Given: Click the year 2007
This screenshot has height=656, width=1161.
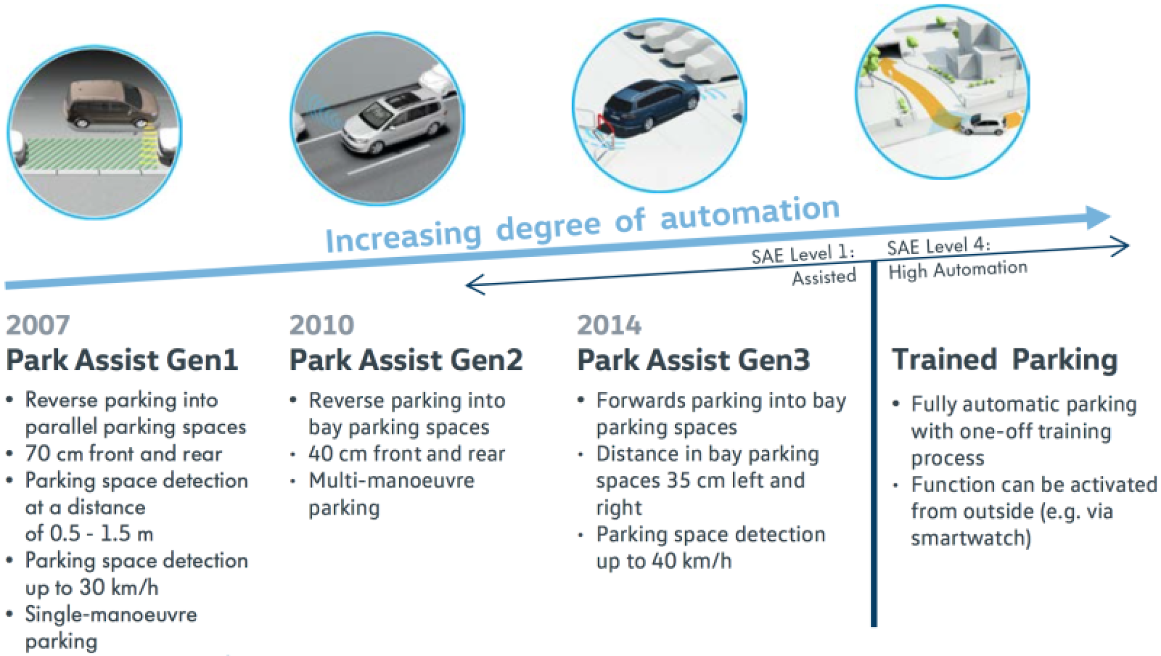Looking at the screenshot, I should [x=37, y=325].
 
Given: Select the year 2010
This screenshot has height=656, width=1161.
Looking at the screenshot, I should [x=321, y=325].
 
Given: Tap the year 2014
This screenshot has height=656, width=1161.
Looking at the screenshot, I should [x=608, y=325].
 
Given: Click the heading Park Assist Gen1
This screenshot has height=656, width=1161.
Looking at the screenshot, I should [x=122, y=360].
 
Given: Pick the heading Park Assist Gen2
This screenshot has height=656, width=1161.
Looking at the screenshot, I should [x=406, y=360].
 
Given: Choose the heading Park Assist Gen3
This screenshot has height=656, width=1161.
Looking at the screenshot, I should [x=693, y=360].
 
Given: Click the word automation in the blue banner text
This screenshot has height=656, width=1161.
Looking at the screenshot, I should [x=750, y=213].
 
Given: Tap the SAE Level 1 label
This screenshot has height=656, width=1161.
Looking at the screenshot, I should [x=803, y=255].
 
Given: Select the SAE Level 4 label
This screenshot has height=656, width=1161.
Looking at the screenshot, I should [x=938, y=246].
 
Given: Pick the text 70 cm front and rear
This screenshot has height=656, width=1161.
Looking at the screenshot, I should [x=123, y=453].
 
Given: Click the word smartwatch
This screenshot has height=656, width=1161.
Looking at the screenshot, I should [x=971, y=537].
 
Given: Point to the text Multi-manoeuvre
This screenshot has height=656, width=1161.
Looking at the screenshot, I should [x=391, y=481].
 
